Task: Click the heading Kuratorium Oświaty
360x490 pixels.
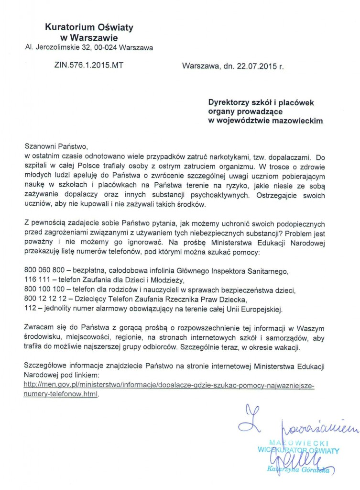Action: pyautogui.click(x=89, y=28)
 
